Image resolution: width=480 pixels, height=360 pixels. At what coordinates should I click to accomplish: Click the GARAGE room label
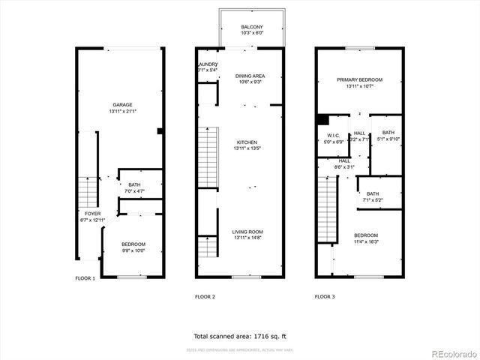pyautogui.click(x=122, y=104)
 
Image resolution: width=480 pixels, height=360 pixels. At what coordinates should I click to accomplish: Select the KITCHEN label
pyautogui.click(x=247, y=142)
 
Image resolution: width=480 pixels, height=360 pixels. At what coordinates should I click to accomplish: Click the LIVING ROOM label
pyautogui.click(x=247, y=232)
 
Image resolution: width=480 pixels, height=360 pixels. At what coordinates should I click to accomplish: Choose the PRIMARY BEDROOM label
pyautogui.click(x=360, y=79)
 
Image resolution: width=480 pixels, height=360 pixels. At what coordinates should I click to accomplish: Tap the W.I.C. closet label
pyautogui.click(x=333, y=136)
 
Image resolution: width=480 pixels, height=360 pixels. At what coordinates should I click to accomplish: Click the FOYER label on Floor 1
pyautogui.click(x=92, y=214)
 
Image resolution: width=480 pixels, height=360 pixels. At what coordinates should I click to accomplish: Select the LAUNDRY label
pyautogui.click(x=207, y=64)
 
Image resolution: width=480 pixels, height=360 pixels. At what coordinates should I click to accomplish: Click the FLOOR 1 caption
pyautogui.click(x=85, y=278)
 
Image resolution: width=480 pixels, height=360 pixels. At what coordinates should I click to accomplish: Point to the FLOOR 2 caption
pyautogui.click(x=205, y=297)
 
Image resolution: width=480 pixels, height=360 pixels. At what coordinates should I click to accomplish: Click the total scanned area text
pyautogui.click(x=240, y=337)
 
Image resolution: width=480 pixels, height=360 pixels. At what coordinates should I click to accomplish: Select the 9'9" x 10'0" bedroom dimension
pyautogui.click(x=134, y=251)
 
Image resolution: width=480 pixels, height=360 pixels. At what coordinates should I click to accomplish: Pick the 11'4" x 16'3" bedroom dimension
pyautogui.click(x=366, y=241)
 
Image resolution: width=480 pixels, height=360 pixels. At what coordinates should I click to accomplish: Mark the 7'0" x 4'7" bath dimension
pyautogui.click(x=134, y=191)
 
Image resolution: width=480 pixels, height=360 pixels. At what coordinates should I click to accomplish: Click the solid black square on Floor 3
pyautogui.click(x=322, y=119)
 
